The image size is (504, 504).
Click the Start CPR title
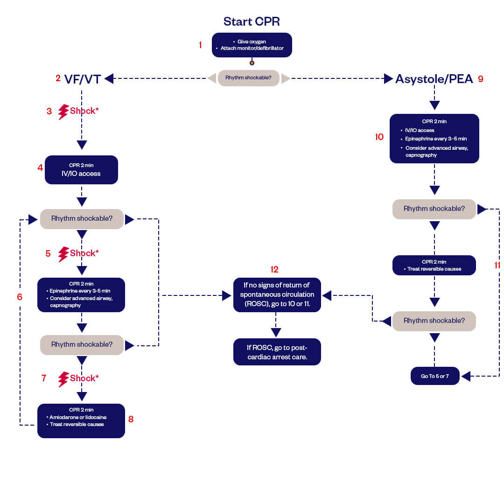click(252, 21)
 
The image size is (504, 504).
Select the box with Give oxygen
click(252, 45)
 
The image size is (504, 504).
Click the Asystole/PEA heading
click(434, 79)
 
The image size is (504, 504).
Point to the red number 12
click(274, 269)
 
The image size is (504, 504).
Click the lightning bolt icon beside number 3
click(63, 112)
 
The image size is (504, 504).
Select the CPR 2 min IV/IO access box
click(81, 169)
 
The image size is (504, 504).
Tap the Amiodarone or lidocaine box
click(81, 420)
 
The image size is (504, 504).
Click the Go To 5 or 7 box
click(435, 376)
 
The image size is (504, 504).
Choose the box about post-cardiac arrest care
click(277, 351)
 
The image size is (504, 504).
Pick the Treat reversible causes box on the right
click(434, 265)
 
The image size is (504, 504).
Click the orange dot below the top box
click(252, 63)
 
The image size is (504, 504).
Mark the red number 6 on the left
click(20, 297)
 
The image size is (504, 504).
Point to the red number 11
click(497, 265)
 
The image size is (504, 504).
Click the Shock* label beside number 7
click(84, 378)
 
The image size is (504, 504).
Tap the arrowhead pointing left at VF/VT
click(109, 79)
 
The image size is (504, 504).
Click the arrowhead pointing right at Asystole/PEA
click(388, 79)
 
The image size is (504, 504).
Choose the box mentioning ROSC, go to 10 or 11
click(277, 295)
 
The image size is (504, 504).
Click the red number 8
click(131, 419)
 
